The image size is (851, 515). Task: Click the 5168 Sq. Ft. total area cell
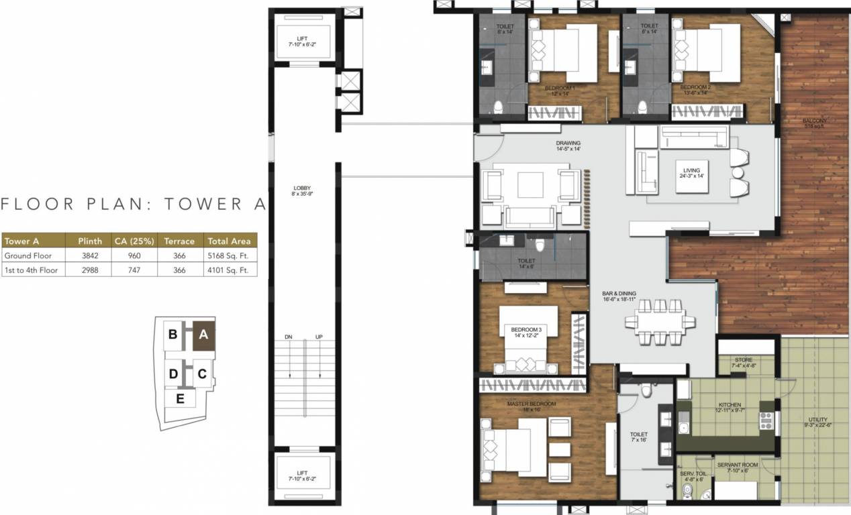(228, 255)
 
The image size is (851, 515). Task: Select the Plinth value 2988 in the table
(90, 270)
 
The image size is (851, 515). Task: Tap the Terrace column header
(179, 241)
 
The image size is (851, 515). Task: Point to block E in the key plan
(180, 398)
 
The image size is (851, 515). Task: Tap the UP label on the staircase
(319, 337)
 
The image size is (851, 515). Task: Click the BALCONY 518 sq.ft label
(815, 123)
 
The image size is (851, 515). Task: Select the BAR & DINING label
(619, 296)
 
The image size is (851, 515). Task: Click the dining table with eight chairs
(658, 322)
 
